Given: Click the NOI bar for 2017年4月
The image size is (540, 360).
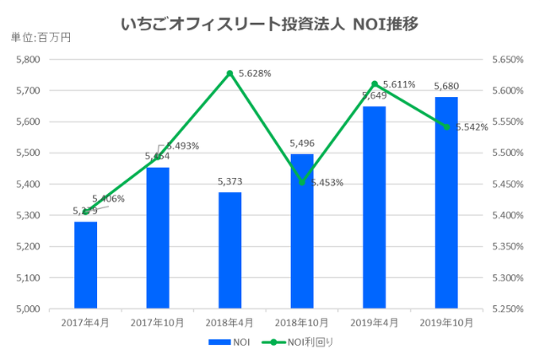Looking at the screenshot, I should (x=85, y=265).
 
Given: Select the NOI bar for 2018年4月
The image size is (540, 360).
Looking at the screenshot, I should (x=229, y=250).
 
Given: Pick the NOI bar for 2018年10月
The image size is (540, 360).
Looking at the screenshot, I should (x=302, y=231).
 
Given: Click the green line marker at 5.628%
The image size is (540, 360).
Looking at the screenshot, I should (x=229, y=73).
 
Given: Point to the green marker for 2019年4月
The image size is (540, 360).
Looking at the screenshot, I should (x=375, y=83).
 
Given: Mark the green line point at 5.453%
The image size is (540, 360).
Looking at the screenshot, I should (x=302, y=182).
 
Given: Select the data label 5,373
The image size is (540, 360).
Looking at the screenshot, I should (x=229, y=182).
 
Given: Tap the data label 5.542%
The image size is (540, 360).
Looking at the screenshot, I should (x=472, y=127).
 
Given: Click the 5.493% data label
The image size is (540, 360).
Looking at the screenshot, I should (x=181, y=146).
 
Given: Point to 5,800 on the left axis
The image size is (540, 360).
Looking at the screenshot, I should (x=28, y=60).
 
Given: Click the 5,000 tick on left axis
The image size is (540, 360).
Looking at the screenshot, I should (x=28, y=309).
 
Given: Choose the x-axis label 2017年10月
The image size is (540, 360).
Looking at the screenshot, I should (x=157, y=323).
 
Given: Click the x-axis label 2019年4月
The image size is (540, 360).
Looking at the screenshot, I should (x=375, y=323).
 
